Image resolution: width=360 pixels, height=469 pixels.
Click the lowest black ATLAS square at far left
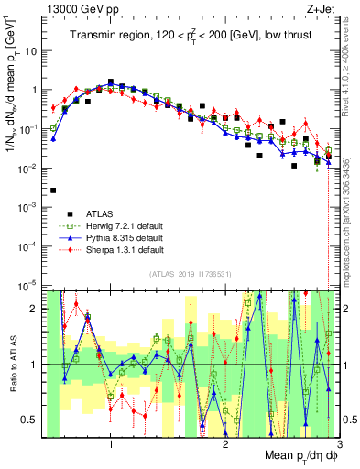[54, 191]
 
